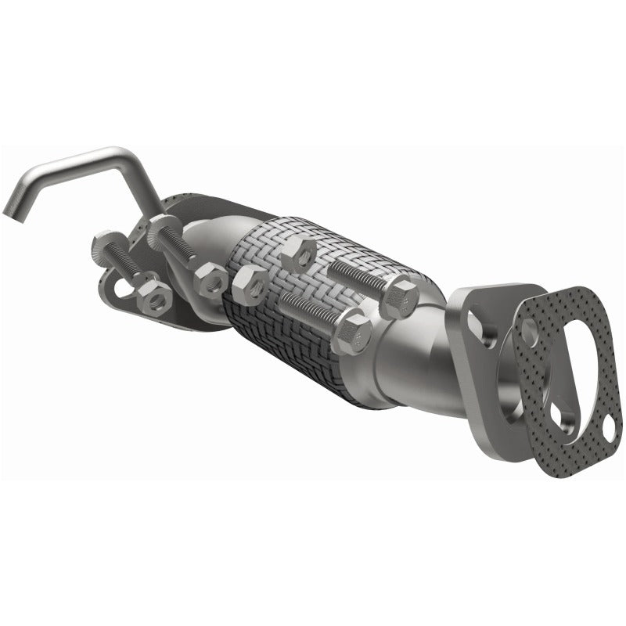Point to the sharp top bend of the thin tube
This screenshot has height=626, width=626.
(x=117, y=151)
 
